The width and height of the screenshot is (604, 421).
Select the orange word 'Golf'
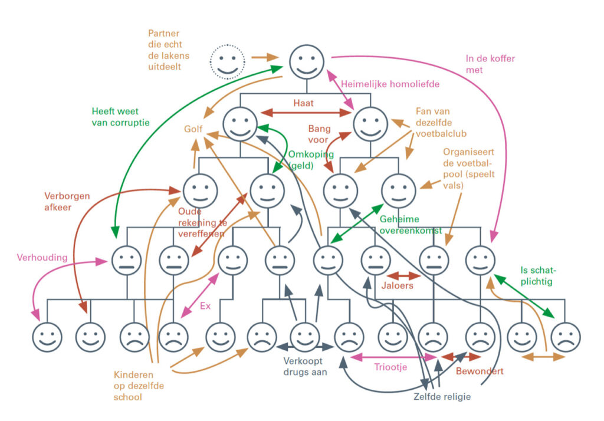pos(193,129)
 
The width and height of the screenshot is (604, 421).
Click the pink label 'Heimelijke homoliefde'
pos(390,84)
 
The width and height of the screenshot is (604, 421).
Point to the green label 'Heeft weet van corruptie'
pos(120,117)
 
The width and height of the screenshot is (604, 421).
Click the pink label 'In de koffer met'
pos(482,64)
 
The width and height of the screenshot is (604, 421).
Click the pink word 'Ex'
pos(205,306)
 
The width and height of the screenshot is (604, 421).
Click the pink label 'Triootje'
pos(390,367)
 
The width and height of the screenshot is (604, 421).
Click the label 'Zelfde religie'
pos(442,396)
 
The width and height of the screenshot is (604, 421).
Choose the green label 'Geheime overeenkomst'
pos(412,225)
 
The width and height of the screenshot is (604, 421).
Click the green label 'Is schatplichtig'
pos(539,276)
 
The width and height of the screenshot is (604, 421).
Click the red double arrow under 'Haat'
pos(306,112)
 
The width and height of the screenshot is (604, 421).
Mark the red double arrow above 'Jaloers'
pos(403,275)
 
